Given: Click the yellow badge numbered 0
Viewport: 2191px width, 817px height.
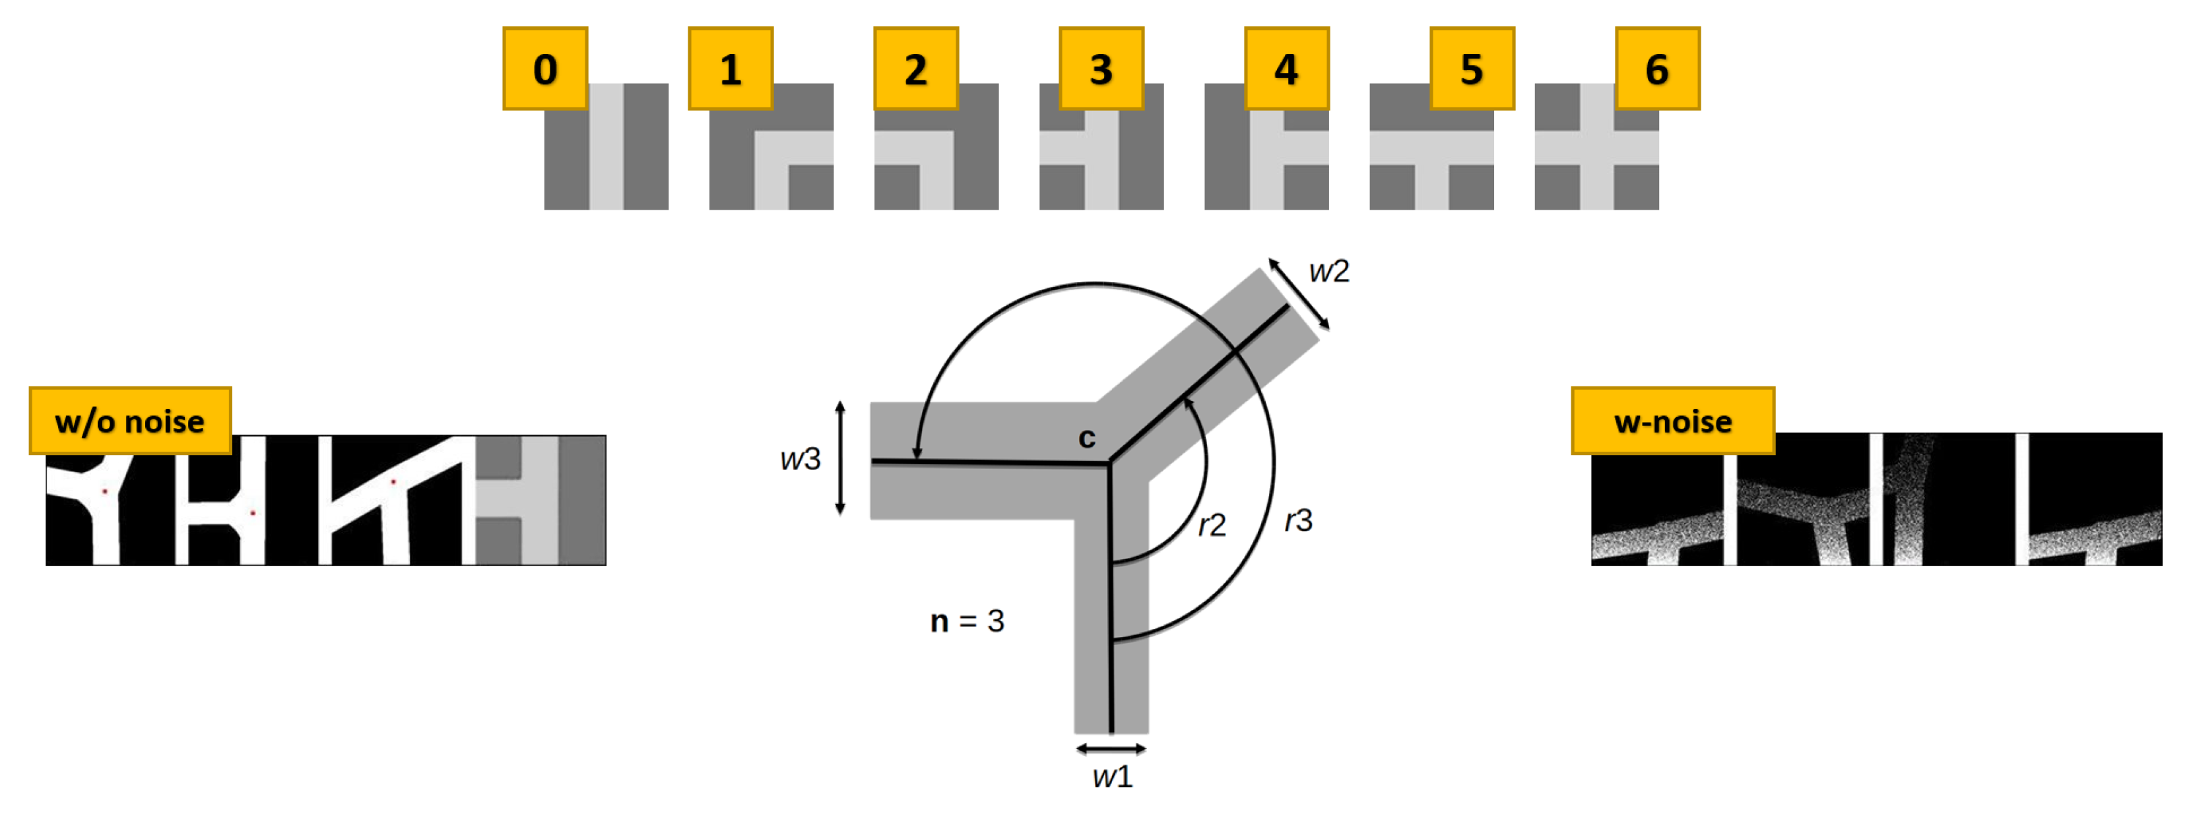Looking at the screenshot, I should point(545,68).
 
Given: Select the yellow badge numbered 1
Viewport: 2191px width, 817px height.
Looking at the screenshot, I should point(731,68).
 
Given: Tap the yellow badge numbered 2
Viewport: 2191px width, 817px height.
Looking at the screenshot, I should point(916,68).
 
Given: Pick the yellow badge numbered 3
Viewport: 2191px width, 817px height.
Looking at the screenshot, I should point(1101,68).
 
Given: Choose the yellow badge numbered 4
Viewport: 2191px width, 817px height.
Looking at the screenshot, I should point(1287,68).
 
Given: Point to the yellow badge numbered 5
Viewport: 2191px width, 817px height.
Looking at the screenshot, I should point(1472,68).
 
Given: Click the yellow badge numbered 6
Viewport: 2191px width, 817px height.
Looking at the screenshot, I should point(1658,68).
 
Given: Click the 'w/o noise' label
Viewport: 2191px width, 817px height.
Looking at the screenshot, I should point(130,421).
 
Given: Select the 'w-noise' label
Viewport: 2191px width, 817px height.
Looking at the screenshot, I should point(1673,421).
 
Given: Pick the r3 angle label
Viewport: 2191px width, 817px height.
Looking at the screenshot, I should point(1299,520).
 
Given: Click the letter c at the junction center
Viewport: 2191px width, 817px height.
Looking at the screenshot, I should point(1087,438).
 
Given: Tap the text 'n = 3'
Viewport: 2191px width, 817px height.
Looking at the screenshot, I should point(967,621).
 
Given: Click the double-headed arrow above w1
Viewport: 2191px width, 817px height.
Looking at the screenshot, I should point(1111,749).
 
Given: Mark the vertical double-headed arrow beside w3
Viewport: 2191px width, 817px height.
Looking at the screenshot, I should point(840,459).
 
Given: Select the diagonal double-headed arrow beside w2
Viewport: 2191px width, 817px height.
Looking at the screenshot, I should point(1299,294).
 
